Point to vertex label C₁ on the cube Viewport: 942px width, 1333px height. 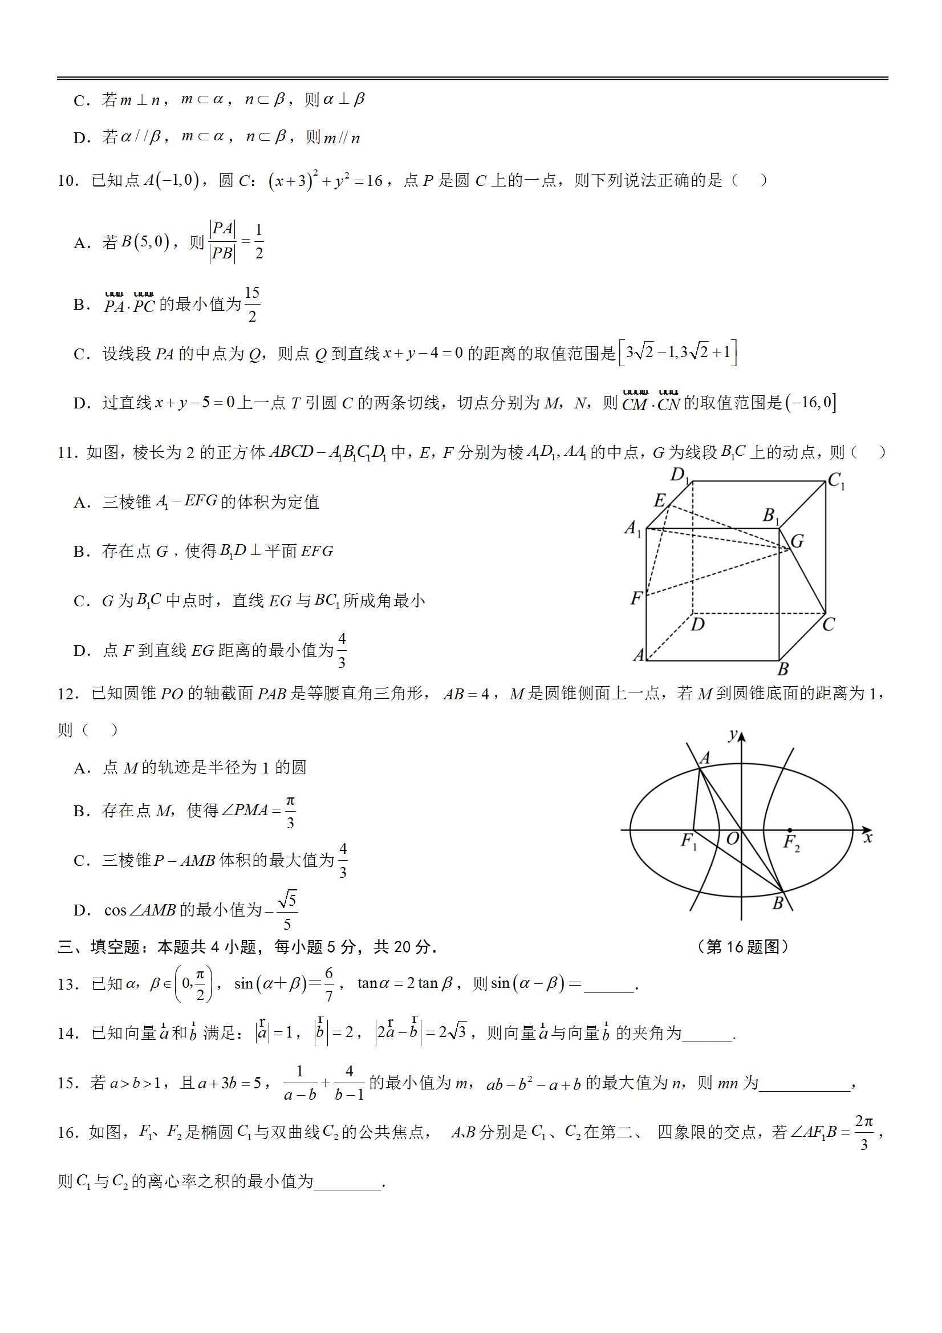point(836,481)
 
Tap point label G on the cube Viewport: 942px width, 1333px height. point(797,541)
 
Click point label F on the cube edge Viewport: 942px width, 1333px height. point(637,598)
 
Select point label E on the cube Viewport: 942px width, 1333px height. point(659,500)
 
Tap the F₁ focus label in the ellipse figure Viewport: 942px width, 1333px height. point(688,841)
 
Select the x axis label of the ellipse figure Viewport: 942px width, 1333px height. point(868,838)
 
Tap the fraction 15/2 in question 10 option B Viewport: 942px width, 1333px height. point(252,304)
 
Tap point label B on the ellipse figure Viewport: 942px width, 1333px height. point(778,904)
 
